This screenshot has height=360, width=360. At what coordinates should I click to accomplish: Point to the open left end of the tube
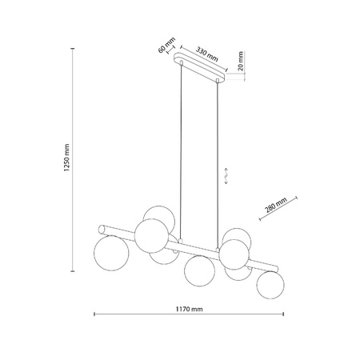point(101,226)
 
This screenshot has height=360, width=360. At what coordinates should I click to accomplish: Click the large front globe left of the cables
point(151,234)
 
